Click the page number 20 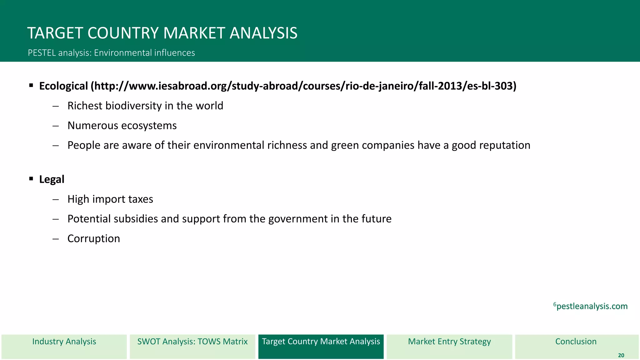pyautogui.click(x=621, y=355)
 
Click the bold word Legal pyautogui.click(x=52, y=179)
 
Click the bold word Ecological pyautogui.click(x=63, y=86)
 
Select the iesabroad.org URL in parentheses pyautogui.click(x=303, y=86)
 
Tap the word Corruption pyautogui.click(x=94, y=239)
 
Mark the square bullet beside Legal pyautogui.click(x=31, y=179)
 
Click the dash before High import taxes pyautogui.click(x=56, y=199)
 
